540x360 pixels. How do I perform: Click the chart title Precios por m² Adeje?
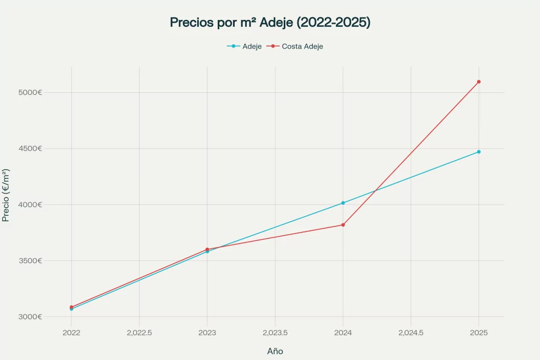(270, 22)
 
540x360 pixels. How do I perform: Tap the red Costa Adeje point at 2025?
(479, 82)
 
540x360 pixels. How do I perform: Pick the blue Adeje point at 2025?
(479, 152)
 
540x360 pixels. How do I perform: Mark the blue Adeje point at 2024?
(343, 203)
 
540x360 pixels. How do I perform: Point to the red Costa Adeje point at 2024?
(343, 225)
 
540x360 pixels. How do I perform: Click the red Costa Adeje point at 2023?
(207, 249)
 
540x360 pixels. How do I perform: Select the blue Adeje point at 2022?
(71, 309)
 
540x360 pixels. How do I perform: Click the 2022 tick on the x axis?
(71, 333)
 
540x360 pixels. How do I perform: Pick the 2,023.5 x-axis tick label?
(275, 333)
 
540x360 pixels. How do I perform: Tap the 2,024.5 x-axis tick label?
(411, 333)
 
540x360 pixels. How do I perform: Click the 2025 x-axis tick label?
(479, 333)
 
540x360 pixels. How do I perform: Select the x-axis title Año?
(275, 351)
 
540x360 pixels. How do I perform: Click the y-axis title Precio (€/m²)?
(6, 195)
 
